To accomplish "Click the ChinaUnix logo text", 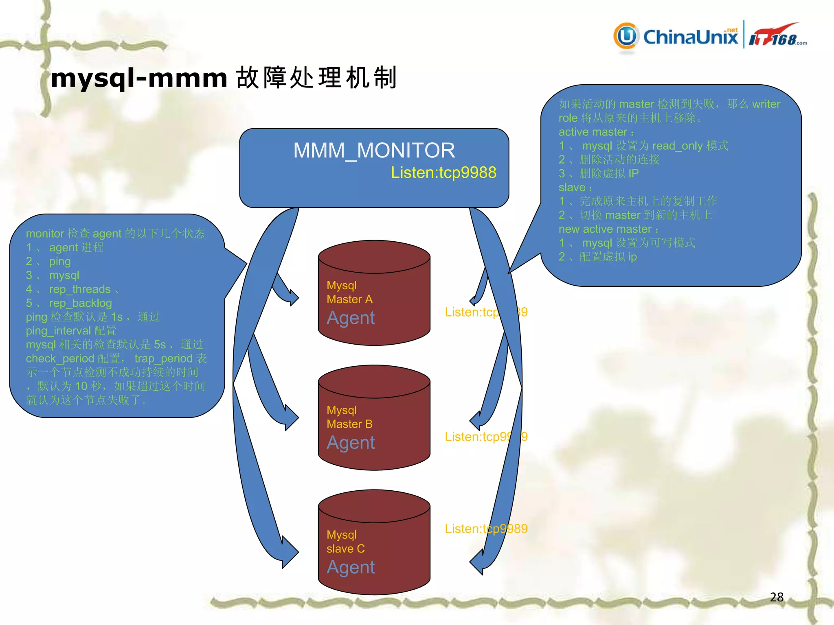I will tap(690, 37).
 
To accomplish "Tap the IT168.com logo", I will tap(777, 37).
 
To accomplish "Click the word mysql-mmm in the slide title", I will tap(139, 78).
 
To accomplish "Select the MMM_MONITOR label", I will tap(374, 151).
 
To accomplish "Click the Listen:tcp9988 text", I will tap(443, 173).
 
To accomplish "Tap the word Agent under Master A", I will tap(351, 318).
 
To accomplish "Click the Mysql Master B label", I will tap(349, 417).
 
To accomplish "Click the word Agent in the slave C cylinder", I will tap(351, 567).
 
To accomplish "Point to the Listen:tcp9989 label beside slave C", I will tap(486, 529).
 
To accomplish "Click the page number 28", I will tap(777, 597).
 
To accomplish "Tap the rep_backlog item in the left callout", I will tap(80, 303).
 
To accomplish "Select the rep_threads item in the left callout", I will tap(80, 289).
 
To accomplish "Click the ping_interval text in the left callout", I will tap(58, 331).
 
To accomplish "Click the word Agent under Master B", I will tap(351, 443).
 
